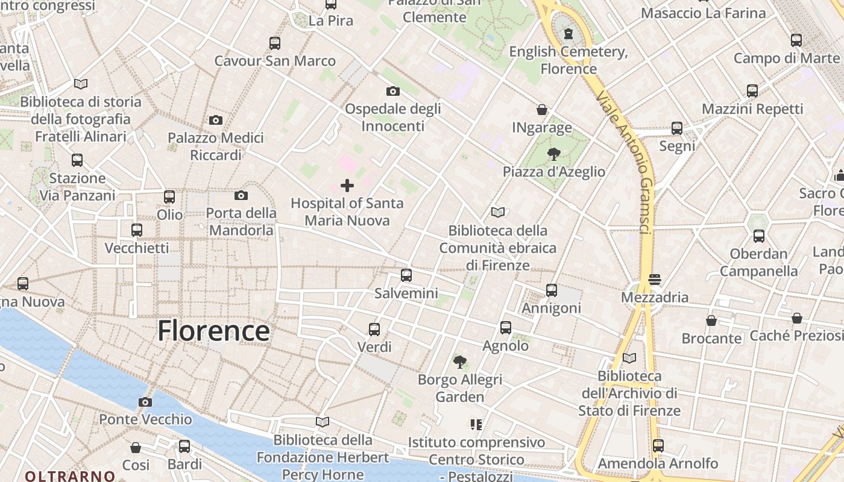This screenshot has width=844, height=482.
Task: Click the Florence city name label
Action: tap(213, 331)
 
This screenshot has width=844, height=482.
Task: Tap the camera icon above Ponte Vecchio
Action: tap(145, 402)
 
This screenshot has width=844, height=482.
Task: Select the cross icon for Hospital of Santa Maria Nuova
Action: tap(347, 185)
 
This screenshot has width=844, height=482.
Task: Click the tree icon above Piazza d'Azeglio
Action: tap(554, 154)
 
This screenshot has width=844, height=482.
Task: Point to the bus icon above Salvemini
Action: tap(406, 275)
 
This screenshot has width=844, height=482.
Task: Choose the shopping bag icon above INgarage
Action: tap(542, 110)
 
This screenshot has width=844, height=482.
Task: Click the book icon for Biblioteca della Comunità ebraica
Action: tap(498, 212)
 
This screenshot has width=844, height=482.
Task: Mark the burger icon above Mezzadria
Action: tap(655, 280)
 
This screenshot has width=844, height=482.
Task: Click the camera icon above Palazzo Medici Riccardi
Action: tap(216, 120)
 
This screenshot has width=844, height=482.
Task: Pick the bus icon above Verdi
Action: tap(374, 329)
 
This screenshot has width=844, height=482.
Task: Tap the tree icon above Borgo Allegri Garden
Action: tap(460, 361)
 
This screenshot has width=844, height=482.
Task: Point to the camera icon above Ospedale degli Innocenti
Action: tap(393, 91)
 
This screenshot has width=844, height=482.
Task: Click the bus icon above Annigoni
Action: tap(552, 290)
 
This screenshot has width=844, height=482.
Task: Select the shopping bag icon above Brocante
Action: tap(711, 321)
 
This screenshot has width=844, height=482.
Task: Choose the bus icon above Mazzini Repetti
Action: tap(752, 91)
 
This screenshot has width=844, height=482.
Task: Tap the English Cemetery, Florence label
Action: tap(568, 60)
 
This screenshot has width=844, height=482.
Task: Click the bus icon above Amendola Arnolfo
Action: tap(658, 446)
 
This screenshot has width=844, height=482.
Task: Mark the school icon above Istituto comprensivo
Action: tap(476, 425)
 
